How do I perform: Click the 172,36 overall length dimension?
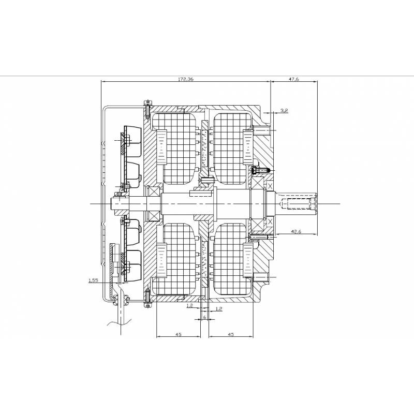tap(186, 80)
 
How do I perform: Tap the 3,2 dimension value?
tap(284, 111)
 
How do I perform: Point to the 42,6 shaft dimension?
tap(295, 231)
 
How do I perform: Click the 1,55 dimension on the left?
tap(94, 280)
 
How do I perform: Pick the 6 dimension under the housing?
tap(205, 317)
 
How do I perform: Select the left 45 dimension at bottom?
tap(178, 335)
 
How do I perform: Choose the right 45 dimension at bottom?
tap(230, 335)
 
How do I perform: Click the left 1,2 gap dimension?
tap(189, 306)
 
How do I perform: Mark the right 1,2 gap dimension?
tap(218, 309)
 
